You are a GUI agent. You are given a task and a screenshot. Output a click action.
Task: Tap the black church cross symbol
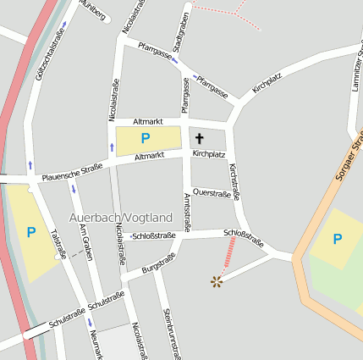click(201, 137)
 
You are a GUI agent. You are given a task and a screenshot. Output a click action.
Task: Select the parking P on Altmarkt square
click(146, 138)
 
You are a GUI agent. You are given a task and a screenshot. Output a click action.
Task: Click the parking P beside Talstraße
click(31, 231)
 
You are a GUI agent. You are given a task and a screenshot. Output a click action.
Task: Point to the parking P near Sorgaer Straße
click(337, 239)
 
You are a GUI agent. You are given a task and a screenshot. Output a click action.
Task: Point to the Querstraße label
click(212, 193)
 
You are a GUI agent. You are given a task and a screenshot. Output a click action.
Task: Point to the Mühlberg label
click(93, 10)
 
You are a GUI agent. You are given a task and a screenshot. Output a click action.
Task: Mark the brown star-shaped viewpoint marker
click(217, 280)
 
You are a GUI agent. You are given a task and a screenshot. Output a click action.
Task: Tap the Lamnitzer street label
click(357, 68)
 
